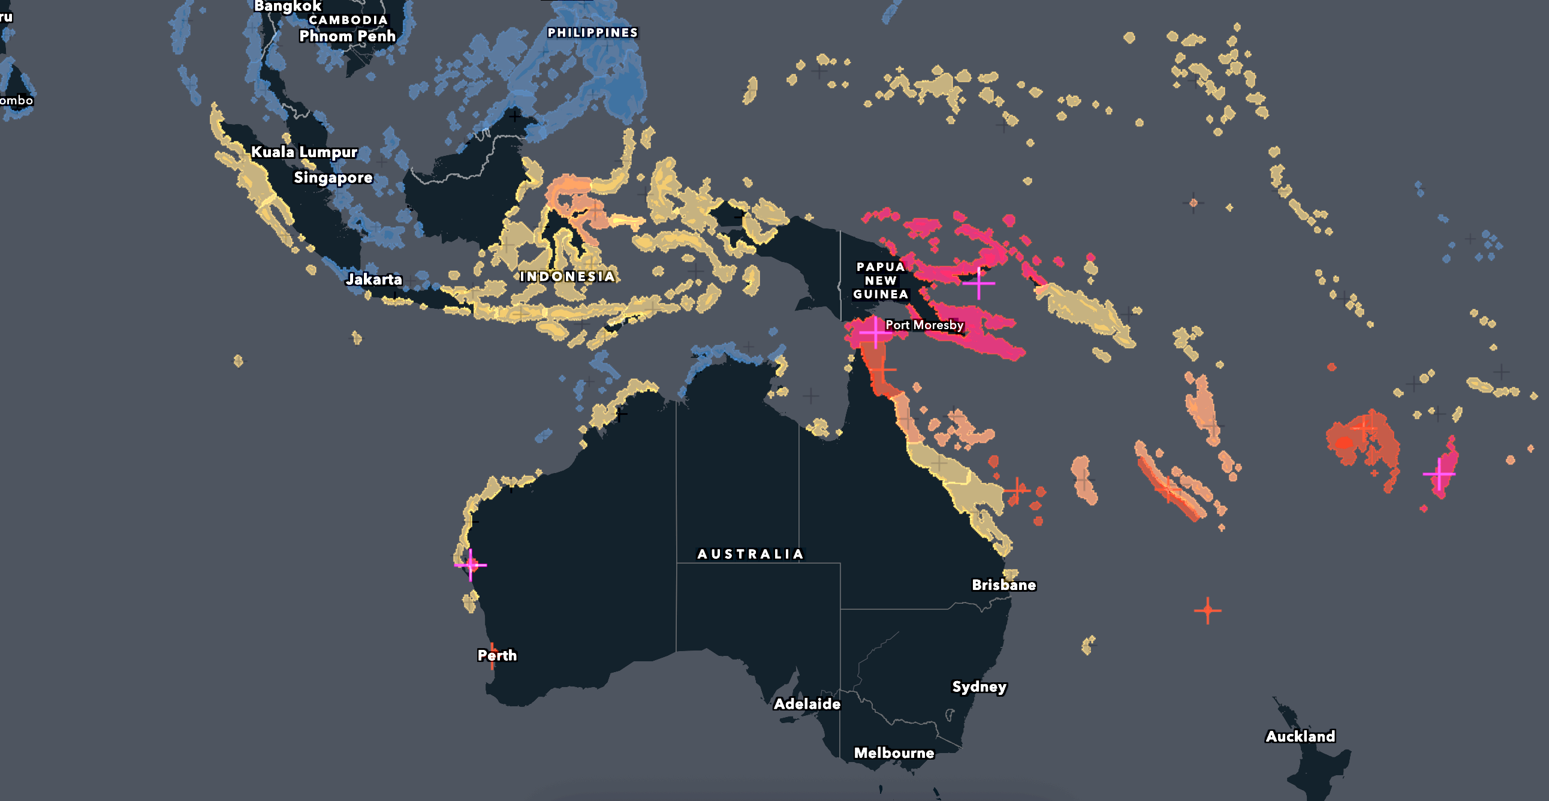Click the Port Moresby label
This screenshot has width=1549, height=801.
(924, 326)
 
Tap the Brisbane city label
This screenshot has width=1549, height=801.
(1003, 585)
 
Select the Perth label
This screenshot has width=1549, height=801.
(497, 655)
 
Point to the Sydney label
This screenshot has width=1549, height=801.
(979, 686)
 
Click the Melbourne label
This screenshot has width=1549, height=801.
(894, 753)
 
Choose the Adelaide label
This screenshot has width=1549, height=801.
(806, 704)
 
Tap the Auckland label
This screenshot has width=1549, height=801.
(1300, 737)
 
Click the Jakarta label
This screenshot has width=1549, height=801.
(373, 279)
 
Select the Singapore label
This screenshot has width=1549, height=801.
(333, 178)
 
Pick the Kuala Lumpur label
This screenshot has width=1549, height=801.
(304, 152)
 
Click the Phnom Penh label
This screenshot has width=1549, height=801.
(347, 36)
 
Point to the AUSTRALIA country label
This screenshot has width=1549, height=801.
(750, 555)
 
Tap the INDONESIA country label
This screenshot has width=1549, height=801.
(567, 276)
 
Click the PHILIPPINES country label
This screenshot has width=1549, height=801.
(592, 33)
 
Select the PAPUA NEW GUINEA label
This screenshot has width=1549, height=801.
(881, 281)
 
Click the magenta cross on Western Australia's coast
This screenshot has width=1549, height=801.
(470, 565)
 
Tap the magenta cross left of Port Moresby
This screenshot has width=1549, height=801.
(875, 332)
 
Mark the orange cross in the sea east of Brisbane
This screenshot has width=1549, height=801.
(1207, 611)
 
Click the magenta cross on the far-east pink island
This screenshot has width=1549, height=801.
(1439, 474)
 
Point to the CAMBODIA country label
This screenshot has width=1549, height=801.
(348, 20)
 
